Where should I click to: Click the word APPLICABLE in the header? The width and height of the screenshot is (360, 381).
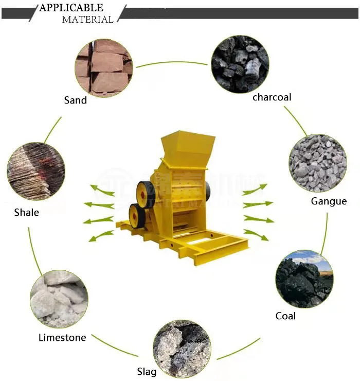tap(71, 8)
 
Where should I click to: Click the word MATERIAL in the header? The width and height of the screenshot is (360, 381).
tap(87, 20)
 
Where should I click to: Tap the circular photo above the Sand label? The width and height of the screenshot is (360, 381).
tap(104, 67)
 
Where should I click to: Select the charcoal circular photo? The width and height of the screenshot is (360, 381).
tap(240, 64)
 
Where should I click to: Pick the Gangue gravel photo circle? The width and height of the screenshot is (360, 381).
tap(317, 163)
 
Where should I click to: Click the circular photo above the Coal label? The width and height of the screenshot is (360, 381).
tap(304, 279)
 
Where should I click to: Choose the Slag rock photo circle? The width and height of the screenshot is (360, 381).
tap(182, 348)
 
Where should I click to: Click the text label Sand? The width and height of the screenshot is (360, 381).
tap(76, 100)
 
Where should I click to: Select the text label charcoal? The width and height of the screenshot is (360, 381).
tap(272, 97)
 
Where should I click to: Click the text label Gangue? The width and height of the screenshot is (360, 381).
tap(329, 201)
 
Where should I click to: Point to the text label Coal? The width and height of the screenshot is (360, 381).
tap(285, 316)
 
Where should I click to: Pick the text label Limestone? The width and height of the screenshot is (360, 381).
tap(62, 337)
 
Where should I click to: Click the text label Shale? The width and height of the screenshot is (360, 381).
tap(26, 212)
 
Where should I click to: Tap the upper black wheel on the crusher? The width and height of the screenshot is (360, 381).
tap(146, 195)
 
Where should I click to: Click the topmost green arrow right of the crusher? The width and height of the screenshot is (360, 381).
tap(256, 189)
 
